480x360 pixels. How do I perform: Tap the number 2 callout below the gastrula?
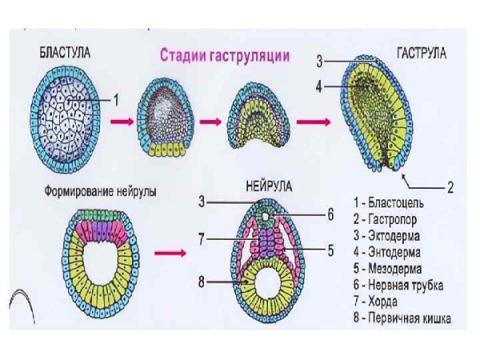[x=450, y=188]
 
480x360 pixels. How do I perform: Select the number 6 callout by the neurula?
[x=330, y=214]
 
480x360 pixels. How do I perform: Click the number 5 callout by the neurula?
[x=330, y=250]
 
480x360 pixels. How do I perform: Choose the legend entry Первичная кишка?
[x=407, y=318]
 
